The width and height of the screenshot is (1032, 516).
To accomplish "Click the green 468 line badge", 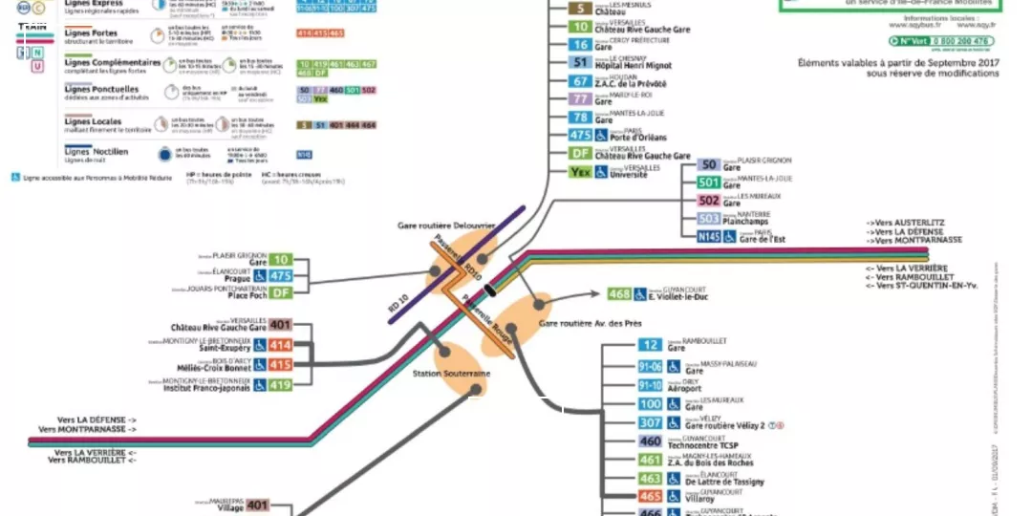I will pyautogui.click(x=619, y=294).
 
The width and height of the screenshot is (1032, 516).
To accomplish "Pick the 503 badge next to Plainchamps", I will pyautogui.click(x=708, y=219).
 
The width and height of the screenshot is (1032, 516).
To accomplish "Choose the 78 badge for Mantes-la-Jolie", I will pyautogui.click(x=580, y=118).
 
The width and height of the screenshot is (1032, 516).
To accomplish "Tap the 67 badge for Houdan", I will pyautogui.click(x=580, y=81).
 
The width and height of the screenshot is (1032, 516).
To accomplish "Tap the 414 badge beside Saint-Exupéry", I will pyautogui.click(x=280, y=345).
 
